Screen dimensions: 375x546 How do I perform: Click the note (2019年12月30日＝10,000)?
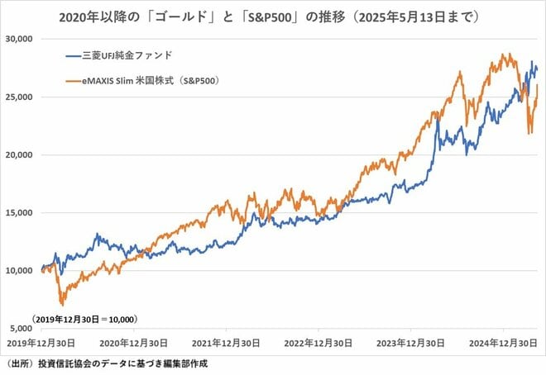(84, 318)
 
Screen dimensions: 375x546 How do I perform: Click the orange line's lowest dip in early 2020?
(61, 304)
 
